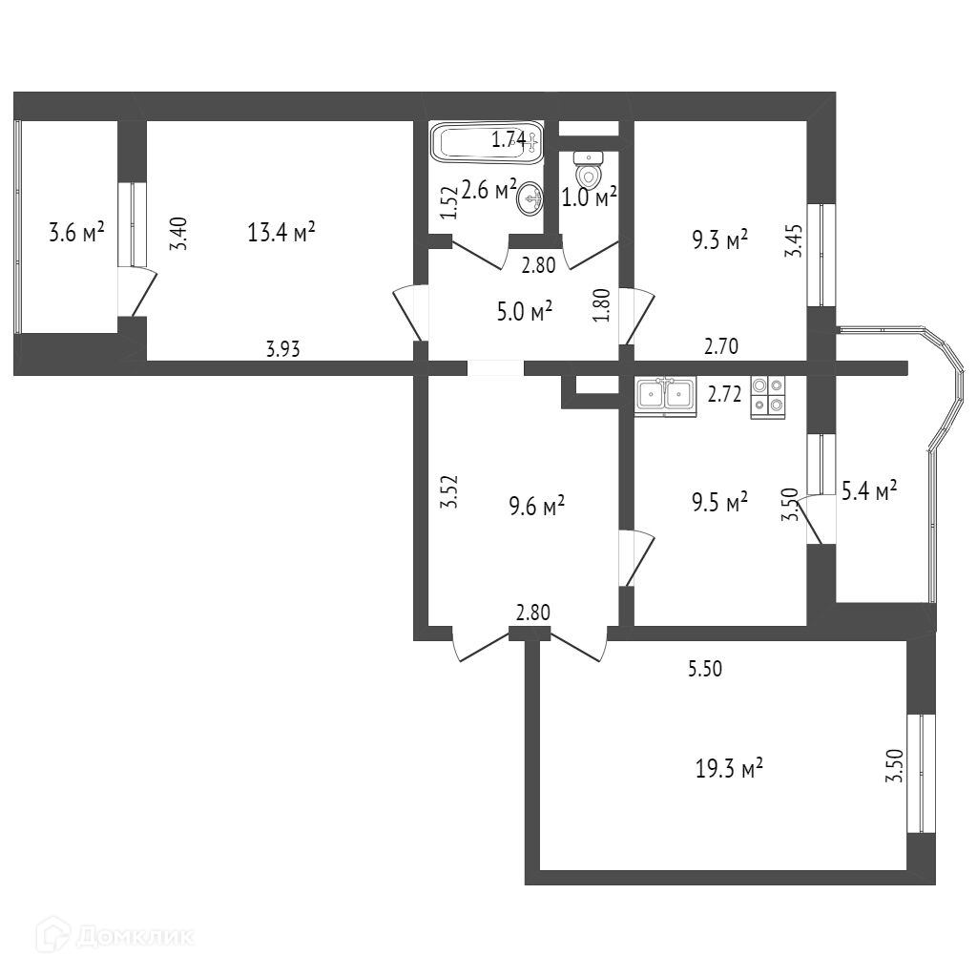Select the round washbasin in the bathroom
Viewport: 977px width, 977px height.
(530, 198)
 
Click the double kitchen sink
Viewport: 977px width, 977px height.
(666, 394)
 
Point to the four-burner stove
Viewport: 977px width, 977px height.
(768, 397)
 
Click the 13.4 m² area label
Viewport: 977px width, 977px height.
(281, 232)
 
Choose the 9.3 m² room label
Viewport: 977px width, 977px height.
(718, 242)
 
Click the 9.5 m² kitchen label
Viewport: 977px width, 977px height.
(718, 502)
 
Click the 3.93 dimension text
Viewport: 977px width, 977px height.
(282, 349)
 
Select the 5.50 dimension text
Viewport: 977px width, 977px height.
(705, 670)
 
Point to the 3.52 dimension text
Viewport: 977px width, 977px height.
(453, 491)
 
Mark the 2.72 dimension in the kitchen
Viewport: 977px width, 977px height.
(724, 393)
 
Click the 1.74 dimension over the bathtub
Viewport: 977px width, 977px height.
(509, 140)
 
